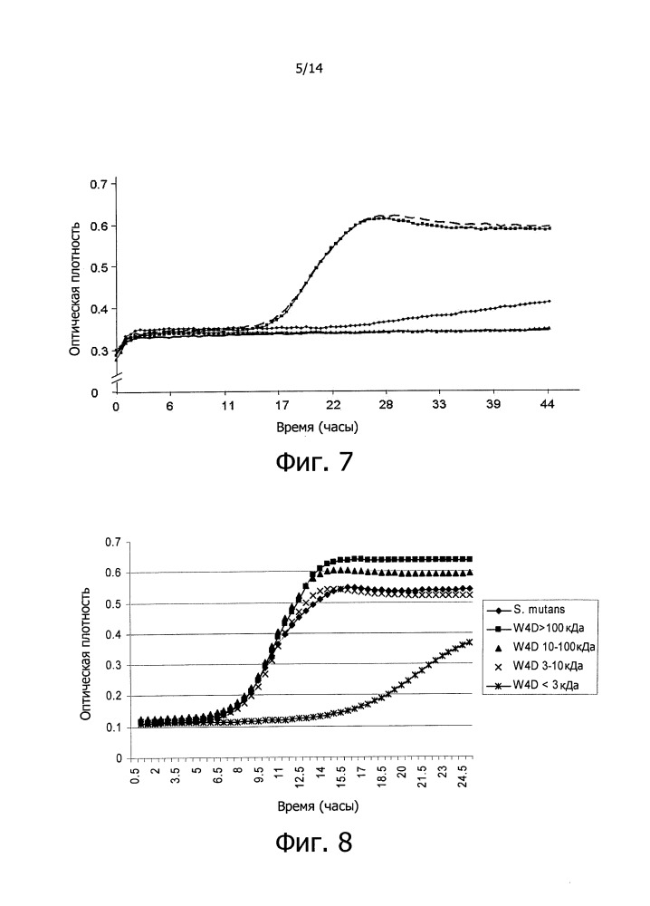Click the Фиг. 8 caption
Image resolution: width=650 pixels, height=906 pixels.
point(313,843)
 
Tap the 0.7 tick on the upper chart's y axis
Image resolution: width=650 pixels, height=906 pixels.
point(99,185)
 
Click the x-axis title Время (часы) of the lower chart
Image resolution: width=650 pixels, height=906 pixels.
point(304,804)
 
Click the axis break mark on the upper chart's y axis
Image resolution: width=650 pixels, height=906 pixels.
point(116,376)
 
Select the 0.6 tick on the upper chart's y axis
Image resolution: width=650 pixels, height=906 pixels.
point(99,226)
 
